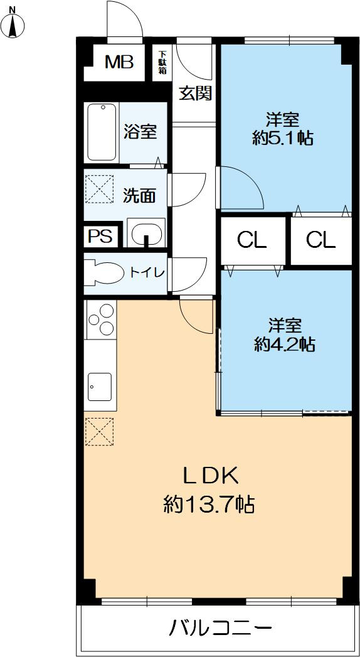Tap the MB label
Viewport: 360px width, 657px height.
pos(119,62)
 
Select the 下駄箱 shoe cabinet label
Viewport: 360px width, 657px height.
pos(162,63)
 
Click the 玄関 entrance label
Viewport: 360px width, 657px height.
pos(195,93)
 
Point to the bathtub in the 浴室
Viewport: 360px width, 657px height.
pos(102,132)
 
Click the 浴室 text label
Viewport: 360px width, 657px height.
pos(140,132)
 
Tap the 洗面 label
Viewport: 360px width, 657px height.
pos(139,196)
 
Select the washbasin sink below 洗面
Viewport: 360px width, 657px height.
pos(146,232)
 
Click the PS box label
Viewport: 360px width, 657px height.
pos(100,237)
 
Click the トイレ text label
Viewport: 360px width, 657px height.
pos(147,272)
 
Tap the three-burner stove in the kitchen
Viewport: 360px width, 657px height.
pos(101,319)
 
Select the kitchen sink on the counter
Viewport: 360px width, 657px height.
pos(100,386)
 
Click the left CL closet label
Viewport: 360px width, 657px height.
pos(251,240)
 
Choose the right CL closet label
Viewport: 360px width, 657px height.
pos(320,240)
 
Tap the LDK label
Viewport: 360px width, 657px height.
pos(210,476)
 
